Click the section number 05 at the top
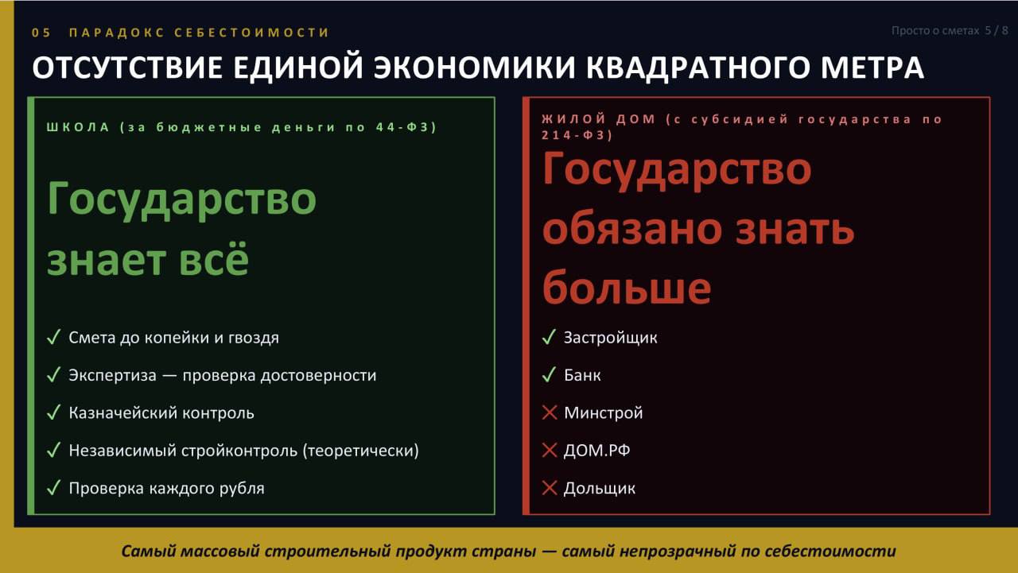click(x=41, y=33)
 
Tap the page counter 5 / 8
click(x=997, y=30)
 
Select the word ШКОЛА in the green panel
click(x=78, y=127)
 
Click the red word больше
click(x=626, y=288)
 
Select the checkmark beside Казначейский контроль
click(x=53, y=412)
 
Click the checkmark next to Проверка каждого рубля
click(x=53, y=488)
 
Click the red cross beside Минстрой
click(x=550, y=412)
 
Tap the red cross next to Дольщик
click(x=550, y=488)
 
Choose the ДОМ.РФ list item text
click(x=596, y=451)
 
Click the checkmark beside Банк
click(x=549, y=374)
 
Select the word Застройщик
click(x=610, y=338)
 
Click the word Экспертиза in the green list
click(x=112, y=375)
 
